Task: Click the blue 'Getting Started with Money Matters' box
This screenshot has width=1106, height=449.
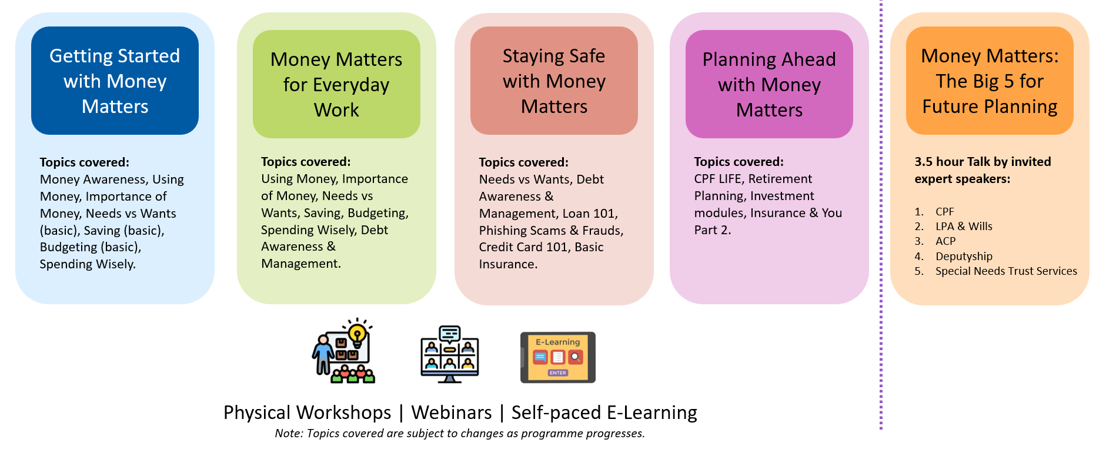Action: pos(115,81)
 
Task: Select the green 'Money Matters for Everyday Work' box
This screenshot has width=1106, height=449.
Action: pos(336,84)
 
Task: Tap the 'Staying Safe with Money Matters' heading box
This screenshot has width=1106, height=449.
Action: pos(554,81)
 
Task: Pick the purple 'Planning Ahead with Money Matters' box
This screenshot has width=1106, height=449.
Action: pos(769,84)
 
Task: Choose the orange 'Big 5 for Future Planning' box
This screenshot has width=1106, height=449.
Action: pos(990,81)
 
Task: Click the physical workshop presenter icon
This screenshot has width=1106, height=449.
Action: pos(344,351)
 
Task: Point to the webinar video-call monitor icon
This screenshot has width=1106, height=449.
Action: pos(450,354)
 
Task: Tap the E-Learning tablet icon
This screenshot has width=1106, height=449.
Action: pos(558,357)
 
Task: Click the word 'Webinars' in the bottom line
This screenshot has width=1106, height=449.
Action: pos(451,413)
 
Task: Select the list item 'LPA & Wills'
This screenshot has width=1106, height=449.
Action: pos(964,227)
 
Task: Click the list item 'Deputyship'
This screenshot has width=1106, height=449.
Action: pos(964,257)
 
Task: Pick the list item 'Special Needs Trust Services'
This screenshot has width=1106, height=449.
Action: pos(1006,271)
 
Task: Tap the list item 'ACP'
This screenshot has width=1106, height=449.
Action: pos(945,241)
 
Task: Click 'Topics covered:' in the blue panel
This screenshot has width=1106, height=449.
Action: pos(84,162)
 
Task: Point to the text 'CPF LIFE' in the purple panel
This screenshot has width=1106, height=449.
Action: pos(717,179)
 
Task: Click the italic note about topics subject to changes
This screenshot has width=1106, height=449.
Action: pos(460,434)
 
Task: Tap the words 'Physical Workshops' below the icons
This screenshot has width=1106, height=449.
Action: pos(307,413)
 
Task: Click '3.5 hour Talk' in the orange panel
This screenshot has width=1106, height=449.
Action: pos(948,162)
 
